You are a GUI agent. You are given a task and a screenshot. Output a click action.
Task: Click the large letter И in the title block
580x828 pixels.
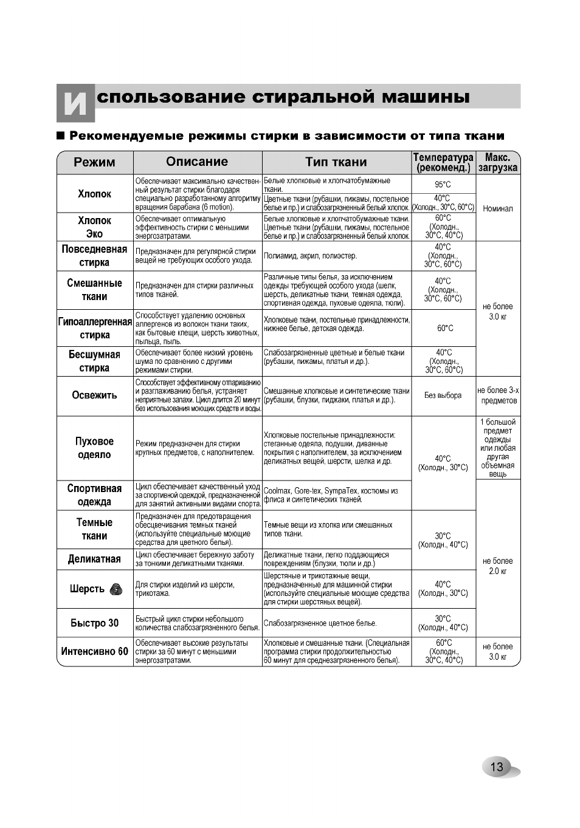point(75,103)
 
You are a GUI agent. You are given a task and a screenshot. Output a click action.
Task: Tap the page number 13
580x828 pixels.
point(497,767)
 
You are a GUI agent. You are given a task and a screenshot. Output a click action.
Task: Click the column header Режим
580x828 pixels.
point(94,162)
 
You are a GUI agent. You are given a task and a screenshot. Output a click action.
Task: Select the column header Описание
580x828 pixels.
point(197,162)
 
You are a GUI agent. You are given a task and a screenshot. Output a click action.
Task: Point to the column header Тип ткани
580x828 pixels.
point(336,162)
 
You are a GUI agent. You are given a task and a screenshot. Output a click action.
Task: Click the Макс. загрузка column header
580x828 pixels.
point(497,163)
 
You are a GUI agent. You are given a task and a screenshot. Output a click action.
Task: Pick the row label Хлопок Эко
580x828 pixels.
point(94,227)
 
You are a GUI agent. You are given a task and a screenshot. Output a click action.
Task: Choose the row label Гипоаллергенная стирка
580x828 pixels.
point(95,329)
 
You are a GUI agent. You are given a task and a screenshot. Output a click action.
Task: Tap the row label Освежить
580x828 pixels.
point(94,395)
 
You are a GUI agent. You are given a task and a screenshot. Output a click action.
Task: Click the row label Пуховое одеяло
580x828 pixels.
point(94,448)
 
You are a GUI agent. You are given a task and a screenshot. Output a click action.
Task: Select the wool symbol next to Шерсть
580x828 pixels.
point(116,589)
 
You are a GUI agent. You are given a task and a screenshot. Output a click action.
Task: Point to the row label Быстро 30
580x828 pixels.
point(94,623)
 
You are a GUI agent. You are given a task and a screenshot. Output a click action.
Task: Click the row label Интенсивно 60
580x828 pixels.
point(94,651)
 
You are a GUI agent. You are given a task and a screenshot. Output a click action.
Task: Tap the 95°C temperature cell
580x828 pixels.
point(443,185)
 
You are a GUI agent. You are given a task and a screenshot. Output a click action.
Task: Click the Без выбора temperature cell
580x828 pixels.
point(443,395)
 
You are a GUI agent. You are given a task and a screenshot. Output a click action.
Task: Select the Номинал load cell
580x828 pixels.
point(497,208)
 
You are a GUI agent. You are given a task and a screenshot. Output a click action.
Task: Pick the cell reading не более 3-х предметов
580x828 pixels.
point(497,395)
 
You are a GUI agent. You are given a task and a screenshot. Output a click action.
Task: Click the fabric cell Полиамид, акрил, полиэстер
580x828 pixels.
point(311,256)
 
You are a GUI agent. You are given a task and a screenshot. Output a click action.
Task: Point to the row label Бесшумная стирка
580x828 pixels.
point(94,361)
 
